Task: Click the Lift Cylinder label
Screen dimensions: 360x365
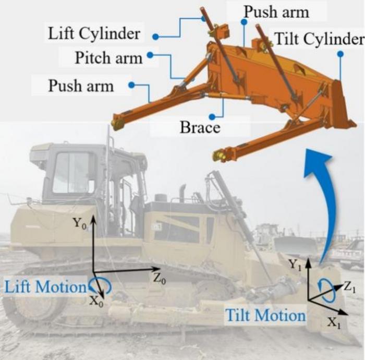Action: (x=94, y=34)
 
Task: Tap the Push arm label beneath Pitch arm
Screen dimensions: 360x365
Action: (x=81, y=85)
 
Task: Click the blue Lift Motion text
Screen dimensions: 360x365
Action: (x=45, y=286)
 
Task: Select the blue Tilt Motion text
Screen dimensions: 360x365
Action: (x=265, y=315)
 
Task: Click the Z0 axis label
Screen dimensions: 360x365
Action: (x=159, y=278)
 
